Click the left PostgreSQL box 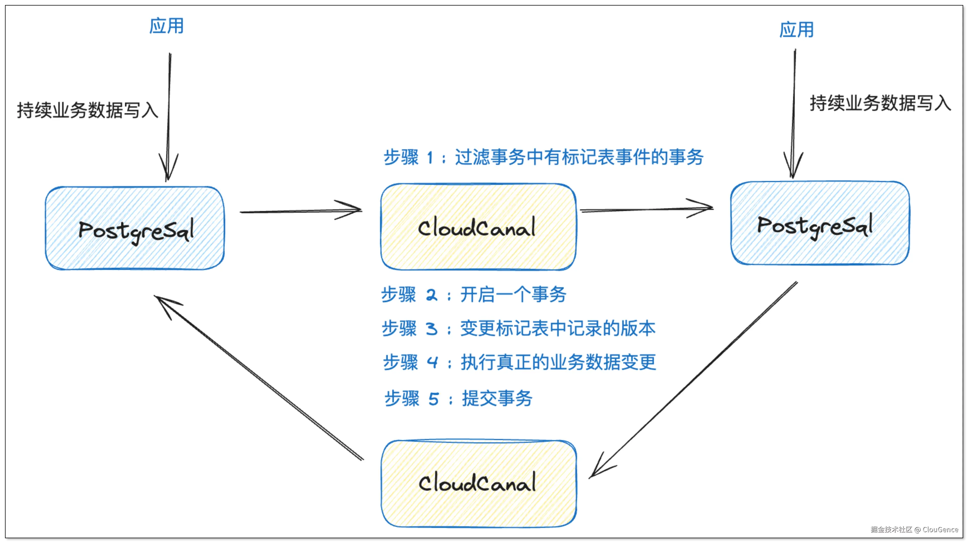pos(134,228)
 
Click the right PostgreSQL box pos(820,223)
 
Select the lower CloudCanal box pos(478,483)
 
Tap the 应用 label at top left pos(166,26)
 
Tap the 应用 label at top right pos(796,30)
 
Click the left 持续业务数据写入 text pos(87,110)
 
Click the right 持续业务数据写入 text pos(880,103)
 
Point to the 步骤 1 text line pos(543,157)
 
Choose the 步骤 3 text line pos(518,328)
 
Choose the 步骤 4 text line pos(519,362)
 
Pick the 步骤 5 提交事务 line pos(458,398)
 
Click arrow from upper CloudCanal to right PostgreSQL pos(646,209)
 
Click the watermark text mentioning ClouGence pos(914,529)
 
